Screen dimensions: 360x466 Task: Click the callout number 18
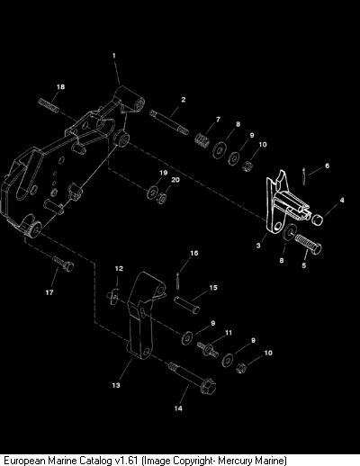(x=60, y=86)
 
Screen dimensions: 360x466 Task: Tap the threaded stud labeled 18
(x=49, y=105)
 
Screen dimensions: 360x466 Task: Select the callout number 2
(x=184, y=100)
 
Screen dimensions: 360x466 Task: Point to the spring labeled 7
(x=202, y=140)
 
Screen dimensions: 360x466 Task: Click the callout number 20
(x=175, y=180)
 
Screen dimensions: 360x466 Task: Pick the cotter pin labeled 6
(x=304, y=176)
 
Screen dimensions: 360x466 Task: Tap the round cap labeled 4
(x=317, y=219)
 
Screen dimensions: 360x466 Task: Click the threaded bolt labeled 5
(x=308, y=243)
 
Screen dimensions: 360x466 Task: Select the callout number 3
(x=258, y=246)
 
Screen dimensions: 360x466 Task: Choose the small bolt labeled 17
(x=64, y=263)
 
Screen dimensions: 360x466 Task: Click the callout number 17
(x=49, y=292)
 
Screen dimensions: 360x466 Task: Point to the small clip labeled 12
(x=113, y=297)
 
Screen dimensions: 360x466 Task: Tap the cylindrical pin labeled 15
(x=187, y=305)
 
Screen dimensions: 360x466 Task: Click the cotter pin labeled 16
(x=177, y=281)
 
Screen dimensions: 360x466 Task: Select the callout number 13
(x=116, y=385)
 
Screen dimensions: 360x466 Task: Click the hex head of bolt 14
(x=208, y=386)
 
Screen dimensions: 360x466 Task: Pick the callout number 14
(x=178, y=408)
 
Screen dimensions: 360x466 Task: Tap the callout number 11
(x=229, y=333)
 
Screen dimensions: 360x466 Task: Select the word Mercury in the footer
(x=234, y=461)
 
